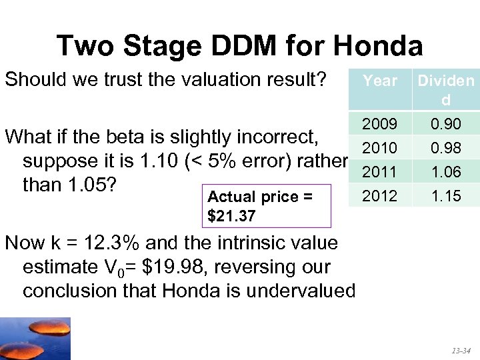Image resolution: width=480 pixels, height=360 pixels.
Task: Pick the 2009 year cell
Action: click(x=379, y=125)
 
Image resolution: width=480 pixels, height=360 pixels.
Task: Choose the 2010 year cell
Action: click(x=379, y=147)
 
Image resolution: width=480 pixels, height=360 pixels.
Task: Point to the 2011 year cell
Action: click(x=379, y=172)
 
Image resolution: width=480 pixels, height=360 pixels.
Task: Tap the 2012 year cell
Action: click(x=379, y=196)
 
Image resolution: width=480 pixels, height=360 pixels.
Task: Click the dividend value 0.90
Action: click(x=445, y=125)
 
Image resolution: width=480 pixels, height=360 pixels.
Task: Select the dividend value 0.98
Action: click(x=445, y=147)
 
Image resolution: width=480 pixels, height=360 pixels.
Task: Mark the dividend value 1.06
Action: click(x=445, y=172)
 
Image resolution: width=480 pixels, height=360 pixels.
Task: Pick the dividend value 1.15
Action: click(x=445, y=196)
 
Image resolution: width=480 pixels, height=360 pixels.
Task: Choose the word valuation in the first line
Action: click(x=223, y=80)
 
